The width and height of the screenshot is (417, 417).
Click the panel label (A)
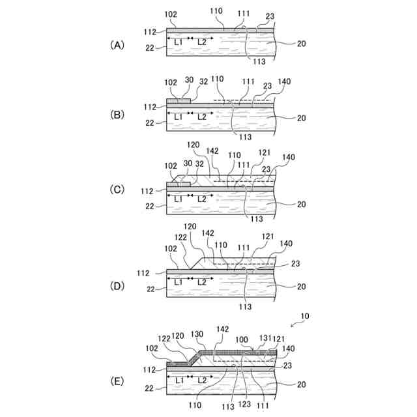click(117, 45)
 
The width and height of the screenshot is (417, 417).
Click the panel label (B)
click(117, 115)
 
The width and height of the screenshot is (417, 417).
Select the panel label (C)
click(117, 190)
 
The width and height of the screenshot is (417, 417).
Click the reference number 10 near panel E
click(304, 316)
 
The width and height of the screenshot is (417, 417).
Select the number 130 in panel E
click(197, 334)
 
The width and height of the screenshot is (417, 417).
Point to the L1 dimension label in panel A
click(177, 42)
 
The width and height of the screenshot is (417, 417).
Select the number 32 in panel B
click(204, 82)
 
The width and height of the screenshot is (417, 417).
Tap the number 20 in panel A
click(302, 44)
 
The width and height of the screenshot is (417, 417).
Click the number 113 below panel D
click(245, 306)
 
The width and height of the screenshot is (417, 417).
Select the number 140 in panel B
click(284, 82)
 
